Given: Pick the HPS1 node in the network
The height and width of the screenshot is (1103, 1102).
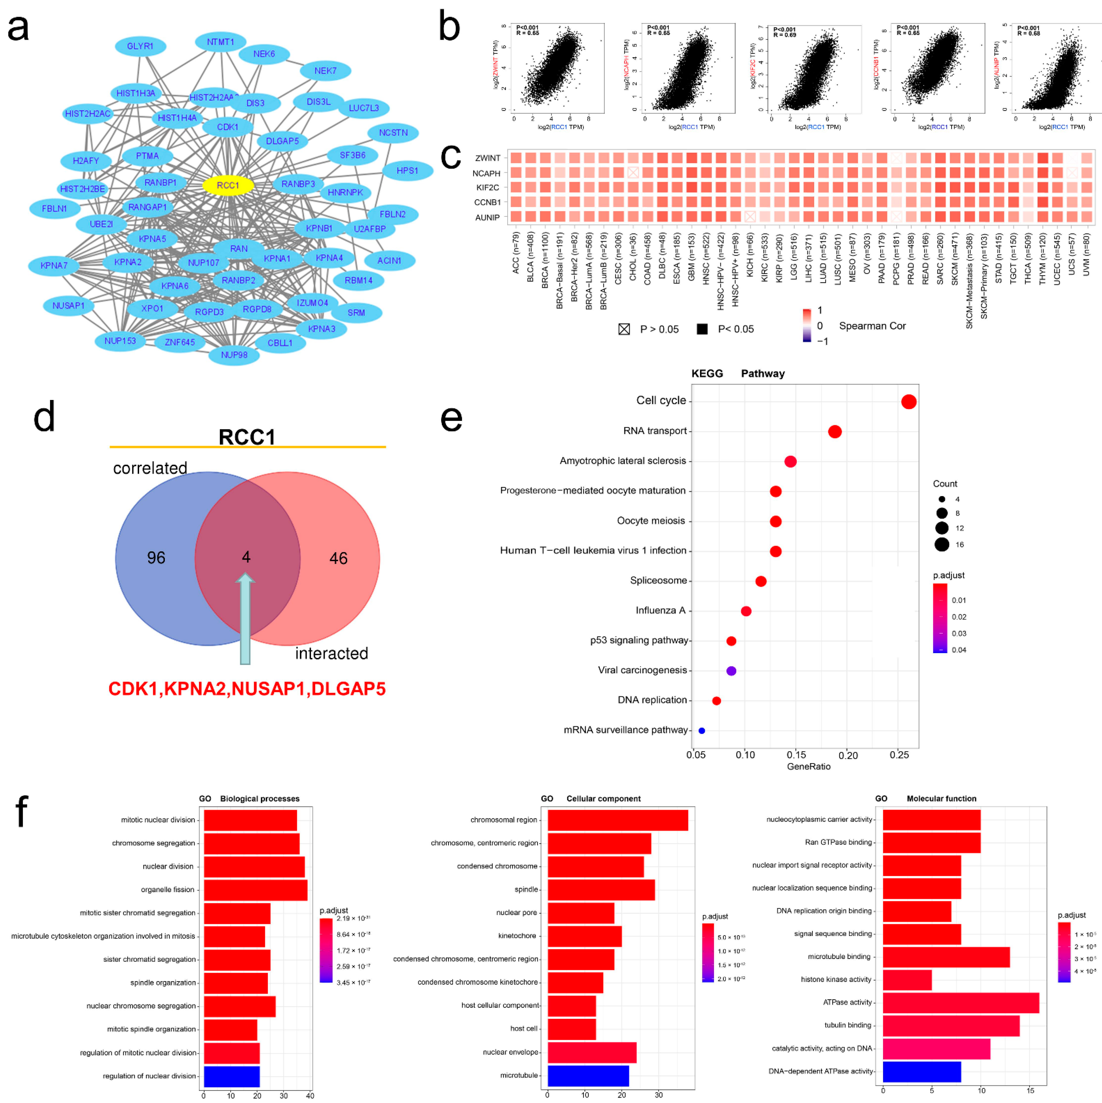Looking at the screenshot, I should tap(407, 171).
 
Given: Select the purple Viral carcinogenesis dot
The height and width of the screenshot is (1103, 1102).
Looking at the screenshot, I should tap(731, 671).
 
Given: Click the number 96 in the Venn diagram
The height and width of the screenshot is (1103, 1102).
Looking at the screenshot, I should tap(156, 558).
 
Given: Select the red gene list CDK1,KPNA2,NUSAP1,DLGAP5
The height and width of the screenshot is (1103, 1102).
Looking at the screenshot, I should tap(246, 688).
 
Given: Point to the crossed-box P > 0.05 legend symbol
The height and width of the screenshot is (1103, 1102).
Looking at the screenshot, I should tap(624, 329).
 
